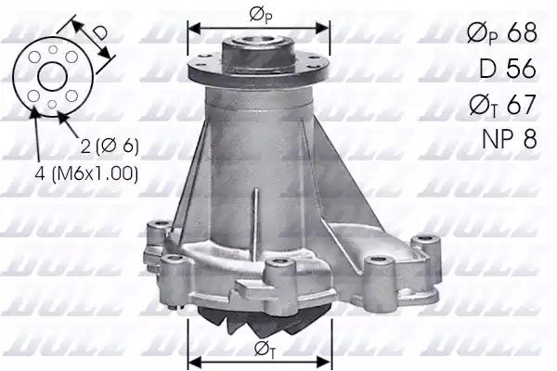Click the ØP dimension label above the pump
259,14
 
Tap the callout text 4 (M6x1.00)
88,173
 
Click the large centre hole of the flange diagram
51,76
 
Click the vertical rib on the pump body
256,213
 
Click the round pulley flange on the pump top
259,67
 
